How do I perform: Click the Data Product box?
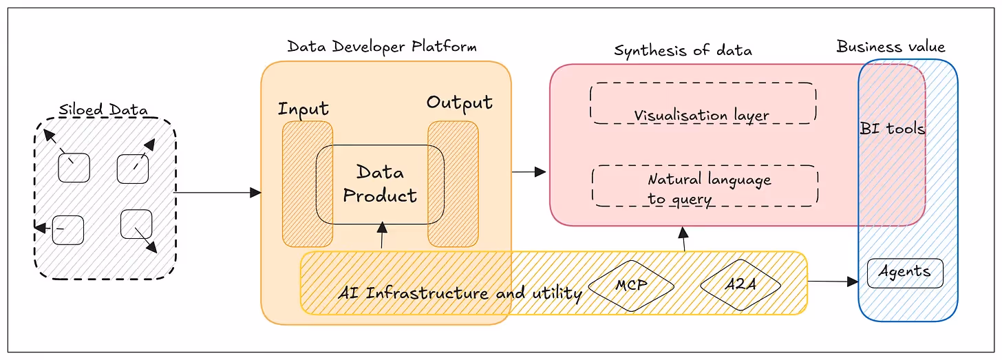(x=380, y=184)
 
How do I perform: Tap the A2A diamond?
(x=740, y=284)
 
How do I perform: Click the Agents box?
(x=904, y=273)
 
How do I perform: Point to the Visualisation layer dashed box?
(x=703, y=103)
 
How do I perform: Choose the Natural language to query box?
(x=705, y=186)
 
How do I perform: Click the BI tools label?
(x=892, y=128)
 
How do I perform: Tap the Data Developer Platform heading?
(x=382, y=47)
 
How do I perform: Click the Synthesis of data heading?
(x=683, y=50)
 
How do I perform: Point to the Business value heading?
(x=891, y=47)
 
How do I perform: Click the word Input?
(x=303, y=109)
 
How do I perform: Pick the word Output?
(x=459, y=103)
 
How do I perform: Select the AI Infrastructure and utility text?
(x=460, y=293)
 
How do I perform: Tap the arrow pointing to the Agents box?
(x=833, y=281)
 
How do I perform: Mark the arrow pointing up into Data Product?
(x=381, y=236)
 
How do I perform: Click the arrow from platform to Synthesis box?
(x=529, y=172)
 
